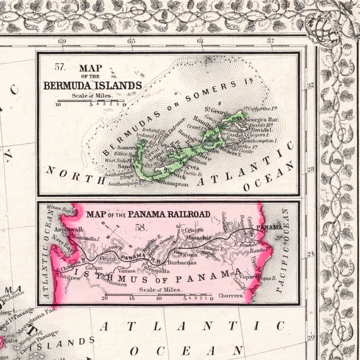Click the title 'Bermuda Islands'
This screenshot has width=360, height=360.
click(92, 85)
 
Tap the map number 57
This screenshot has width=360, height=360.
click(60, 66)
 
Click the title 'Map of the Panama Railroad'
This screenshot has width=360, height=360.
click(148, 214)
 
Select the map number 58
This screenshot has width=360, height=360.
click(149, 225)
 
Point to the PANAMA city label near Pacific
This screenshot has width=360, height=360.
click(270, 226)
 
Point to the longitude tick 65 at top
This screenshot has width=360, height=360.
click(131, 42)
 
